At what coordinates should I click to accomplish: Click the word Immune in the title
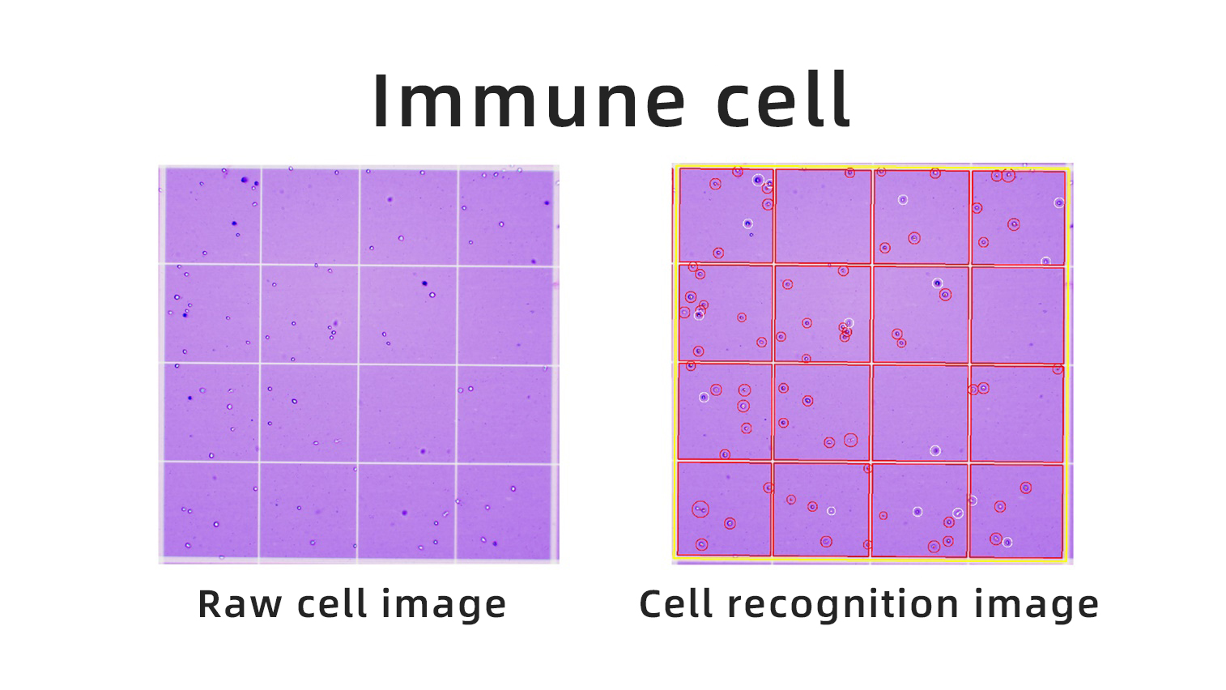pos(528,100)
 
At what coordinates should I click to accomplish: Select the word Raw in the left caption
pos(241,604)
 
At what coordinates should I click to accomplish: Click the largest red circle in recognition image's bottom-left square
pos(700,509)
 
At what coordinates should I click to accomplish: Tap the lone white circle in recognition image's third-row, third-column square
pos(935,450)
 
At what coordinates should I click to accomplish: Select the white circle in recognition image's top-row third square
pos(903,200)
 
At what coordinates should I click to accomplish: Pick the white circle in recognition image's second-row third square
pos(938,283)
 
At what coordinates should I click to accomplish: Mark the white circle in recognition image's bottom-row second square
pos(832,510)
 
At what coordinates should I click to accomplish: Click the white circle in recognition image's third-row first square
pos(704,397)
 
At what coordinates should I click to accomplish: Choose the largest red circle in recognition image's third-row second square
pos(850,440)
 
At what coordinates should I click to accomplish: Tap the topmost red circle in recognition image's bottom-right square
pos(1026,487)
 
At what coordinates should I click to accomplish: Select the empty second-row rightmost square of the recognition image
pos(1017,314)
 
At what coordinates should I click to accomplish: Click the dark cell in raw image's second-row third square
pos(424,283)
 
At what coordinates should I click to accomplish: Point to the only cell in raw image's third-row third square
pos(423,451)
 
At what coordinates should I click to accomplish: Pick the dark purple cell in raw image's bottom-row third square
pos(404,513)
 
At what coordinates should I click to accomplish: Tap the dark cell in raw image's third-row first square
pos(190,398)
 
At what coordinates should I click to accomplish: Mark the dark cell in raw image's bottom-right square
pos(495,543)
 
